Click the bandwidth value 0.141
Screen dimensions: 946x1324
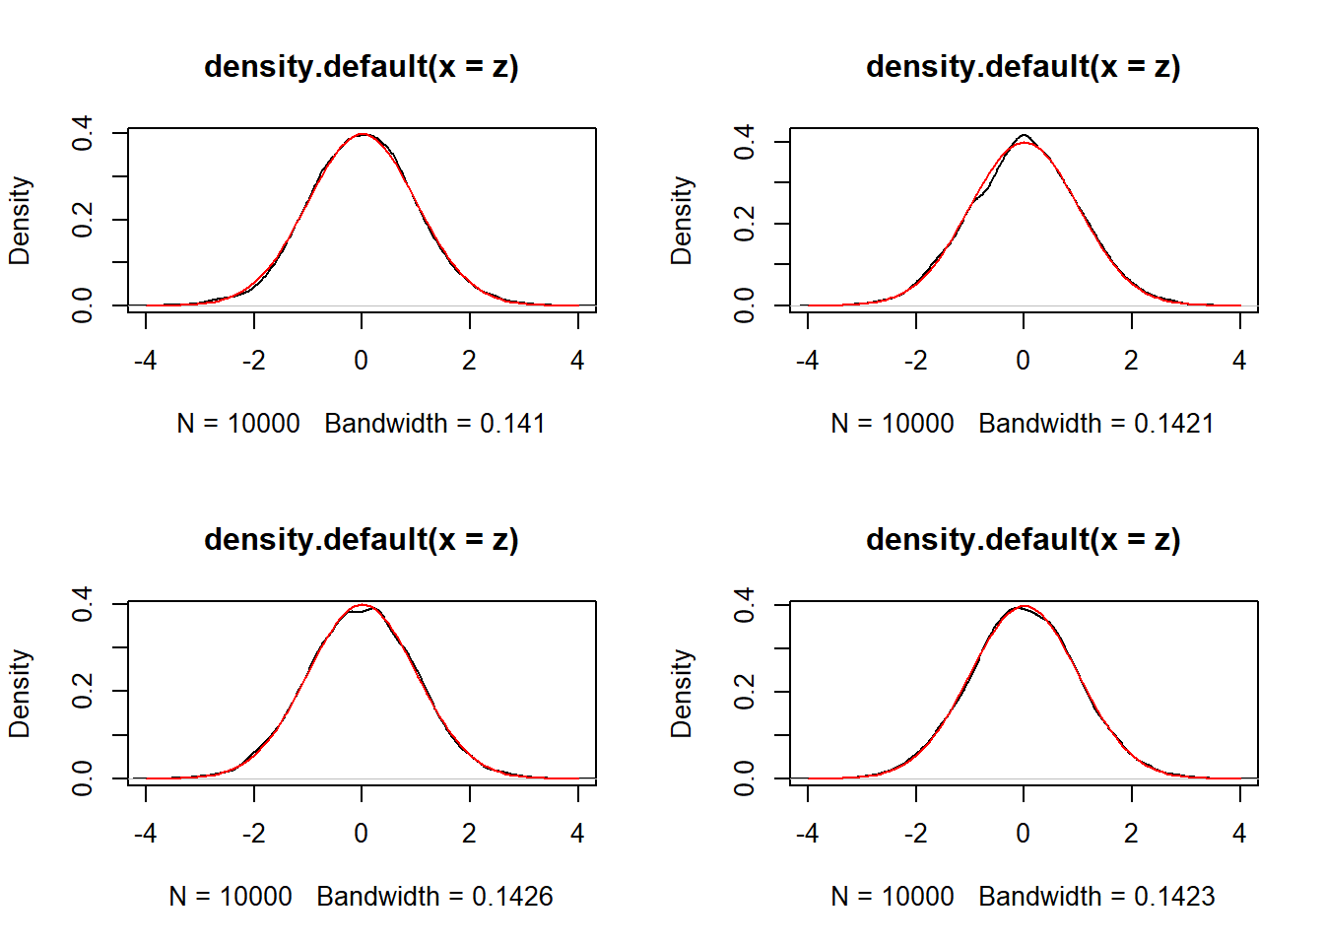[x=512, y=424]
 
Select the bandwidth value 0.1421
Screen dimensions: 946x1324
[x=1174, y=424]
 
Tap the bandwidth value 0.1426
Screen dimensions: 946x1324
[x=512, y=897]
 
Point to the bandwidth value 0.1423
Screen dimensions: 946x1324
[x=1174, y=897]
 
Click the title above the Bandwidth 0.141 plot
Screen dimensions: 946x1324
[x=362, y=67]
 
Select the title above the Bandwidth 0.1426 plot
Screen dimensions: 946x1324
[x=362, y=540]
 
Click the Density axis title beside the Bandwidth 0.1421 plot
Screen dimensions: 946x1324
[x=682, y=221]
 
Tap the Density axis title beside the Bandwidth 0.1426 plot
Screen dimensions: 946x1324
[x=20, y=694]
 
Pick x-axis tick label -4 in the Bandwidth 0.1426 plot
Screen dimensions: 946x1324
[x=146, y=834]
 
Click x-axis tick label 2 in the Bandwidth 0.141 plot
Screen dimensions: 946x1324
[x=470, y=361]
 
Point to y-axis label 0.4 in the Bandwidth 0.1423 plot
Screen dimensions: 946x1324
[x=745, y=604]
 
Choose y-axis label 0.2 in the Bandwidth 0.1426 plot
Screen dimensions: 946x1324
[x=83, y=691]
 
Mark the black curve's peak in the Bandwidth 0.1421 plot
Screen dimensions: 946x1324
[x=1025, y=135]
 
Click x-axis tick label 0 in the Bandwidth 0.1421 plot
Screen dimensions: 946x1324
[x=1024, y=361]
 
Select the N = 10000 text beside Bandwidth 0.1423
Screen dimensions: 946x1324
[x=893, y=897]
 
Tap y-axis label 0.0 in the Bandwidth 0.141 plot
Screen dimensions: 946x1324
[x=83, y=305]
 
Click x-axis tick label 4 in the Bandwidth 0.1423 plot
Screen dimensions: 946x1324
[x=1239, y=834]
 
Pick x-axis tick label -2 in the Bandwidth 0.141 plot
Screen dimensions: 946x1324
[x=254, y=361]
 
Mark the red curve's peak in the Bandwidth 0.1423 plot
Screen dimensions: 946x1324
[x=1025, y=606]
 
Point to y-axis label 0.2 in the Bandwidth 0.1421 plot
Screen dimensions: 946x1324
[x=745, y=224]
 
